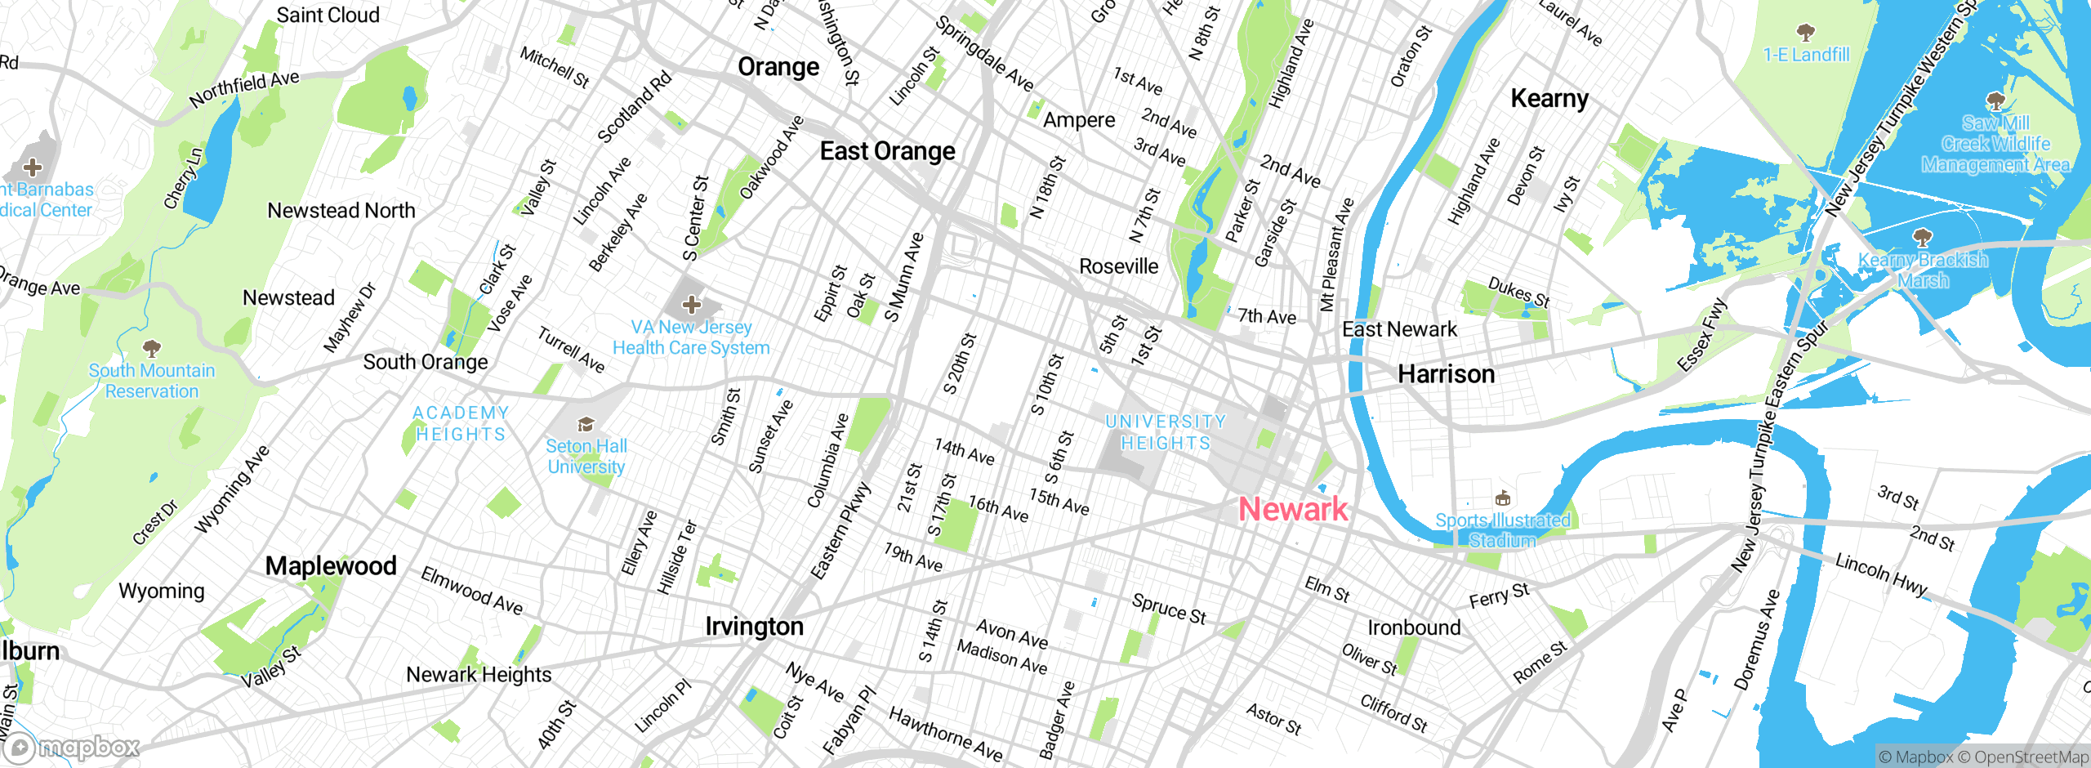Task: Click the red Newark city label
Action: coord(1293,509)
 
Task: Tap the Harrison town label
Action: coord(1446,374)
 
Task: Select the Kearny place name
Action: coord(1549,99)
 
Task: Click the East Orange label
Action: coord(887,151)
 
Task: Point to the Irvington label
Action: coord(754,627)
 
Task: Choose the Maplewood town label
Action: coord(331,565)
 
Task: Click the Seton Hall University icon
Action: coord(586,424)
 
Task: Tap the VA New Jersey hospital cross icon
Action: coord(692,305)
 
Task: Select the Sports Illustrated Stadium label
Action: coord(1502,530)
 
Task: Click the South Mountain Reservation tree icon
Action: coord(151,349)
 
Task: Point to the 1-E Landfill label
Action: coord(1806,55)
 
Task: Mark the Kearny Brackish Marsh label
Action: coord(1923,270)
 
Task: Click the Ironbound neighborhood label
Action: coord(1414,627)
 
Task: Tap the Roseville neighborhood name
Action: coord(1118,266)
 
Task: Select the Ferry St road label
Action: coord(1499,596)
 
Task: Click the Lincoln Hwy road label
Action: coord(1880,574)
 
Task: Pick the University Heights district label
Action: coord(1166,432)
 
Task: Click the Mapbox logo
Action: coord(72,747)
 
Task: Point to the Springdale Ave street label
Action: coord(983,54)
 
